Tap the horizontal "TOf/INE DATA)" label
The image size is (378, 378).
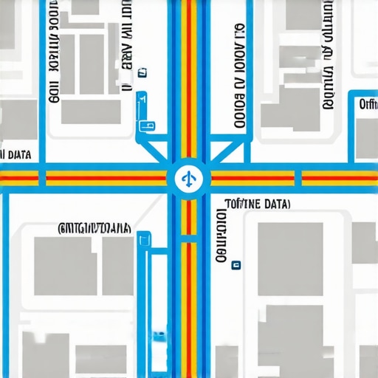257,203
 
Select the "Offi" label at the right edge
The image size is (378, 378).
367,105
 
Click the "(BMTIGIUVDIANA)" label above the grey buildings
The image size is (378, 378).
94,227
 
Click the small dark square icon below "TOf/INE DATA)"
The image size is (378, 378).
236,263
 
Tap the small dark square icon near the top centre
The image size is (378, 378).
140,72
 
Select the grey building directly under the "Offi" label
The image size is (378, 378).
367,138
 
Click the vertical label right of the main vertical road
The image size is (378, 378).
238,74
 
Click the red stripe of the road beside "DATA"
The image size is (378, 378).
22,179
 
